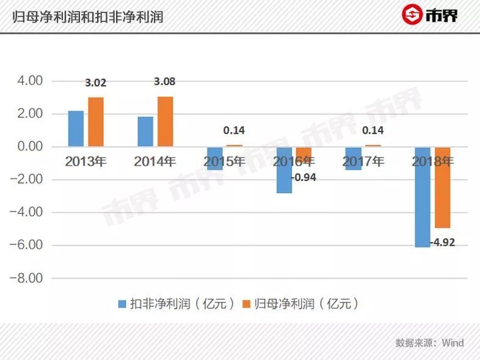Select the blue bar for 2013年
tap(76, 128)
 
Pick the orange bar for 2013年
tap(96, 122)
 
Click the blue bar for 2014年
tap(145, 131)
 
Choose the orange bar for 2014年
tap(165, 121)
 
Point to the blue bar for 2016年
tap(284, 170)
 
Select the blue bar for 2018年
tap(423, 197)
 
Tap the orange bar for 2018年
tap(443, 187)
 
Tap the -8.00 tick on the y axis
tap(28, 278)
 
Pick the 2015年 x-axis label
tap(225, 162)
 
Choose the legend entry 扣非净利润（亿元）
tap(176, 304)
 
